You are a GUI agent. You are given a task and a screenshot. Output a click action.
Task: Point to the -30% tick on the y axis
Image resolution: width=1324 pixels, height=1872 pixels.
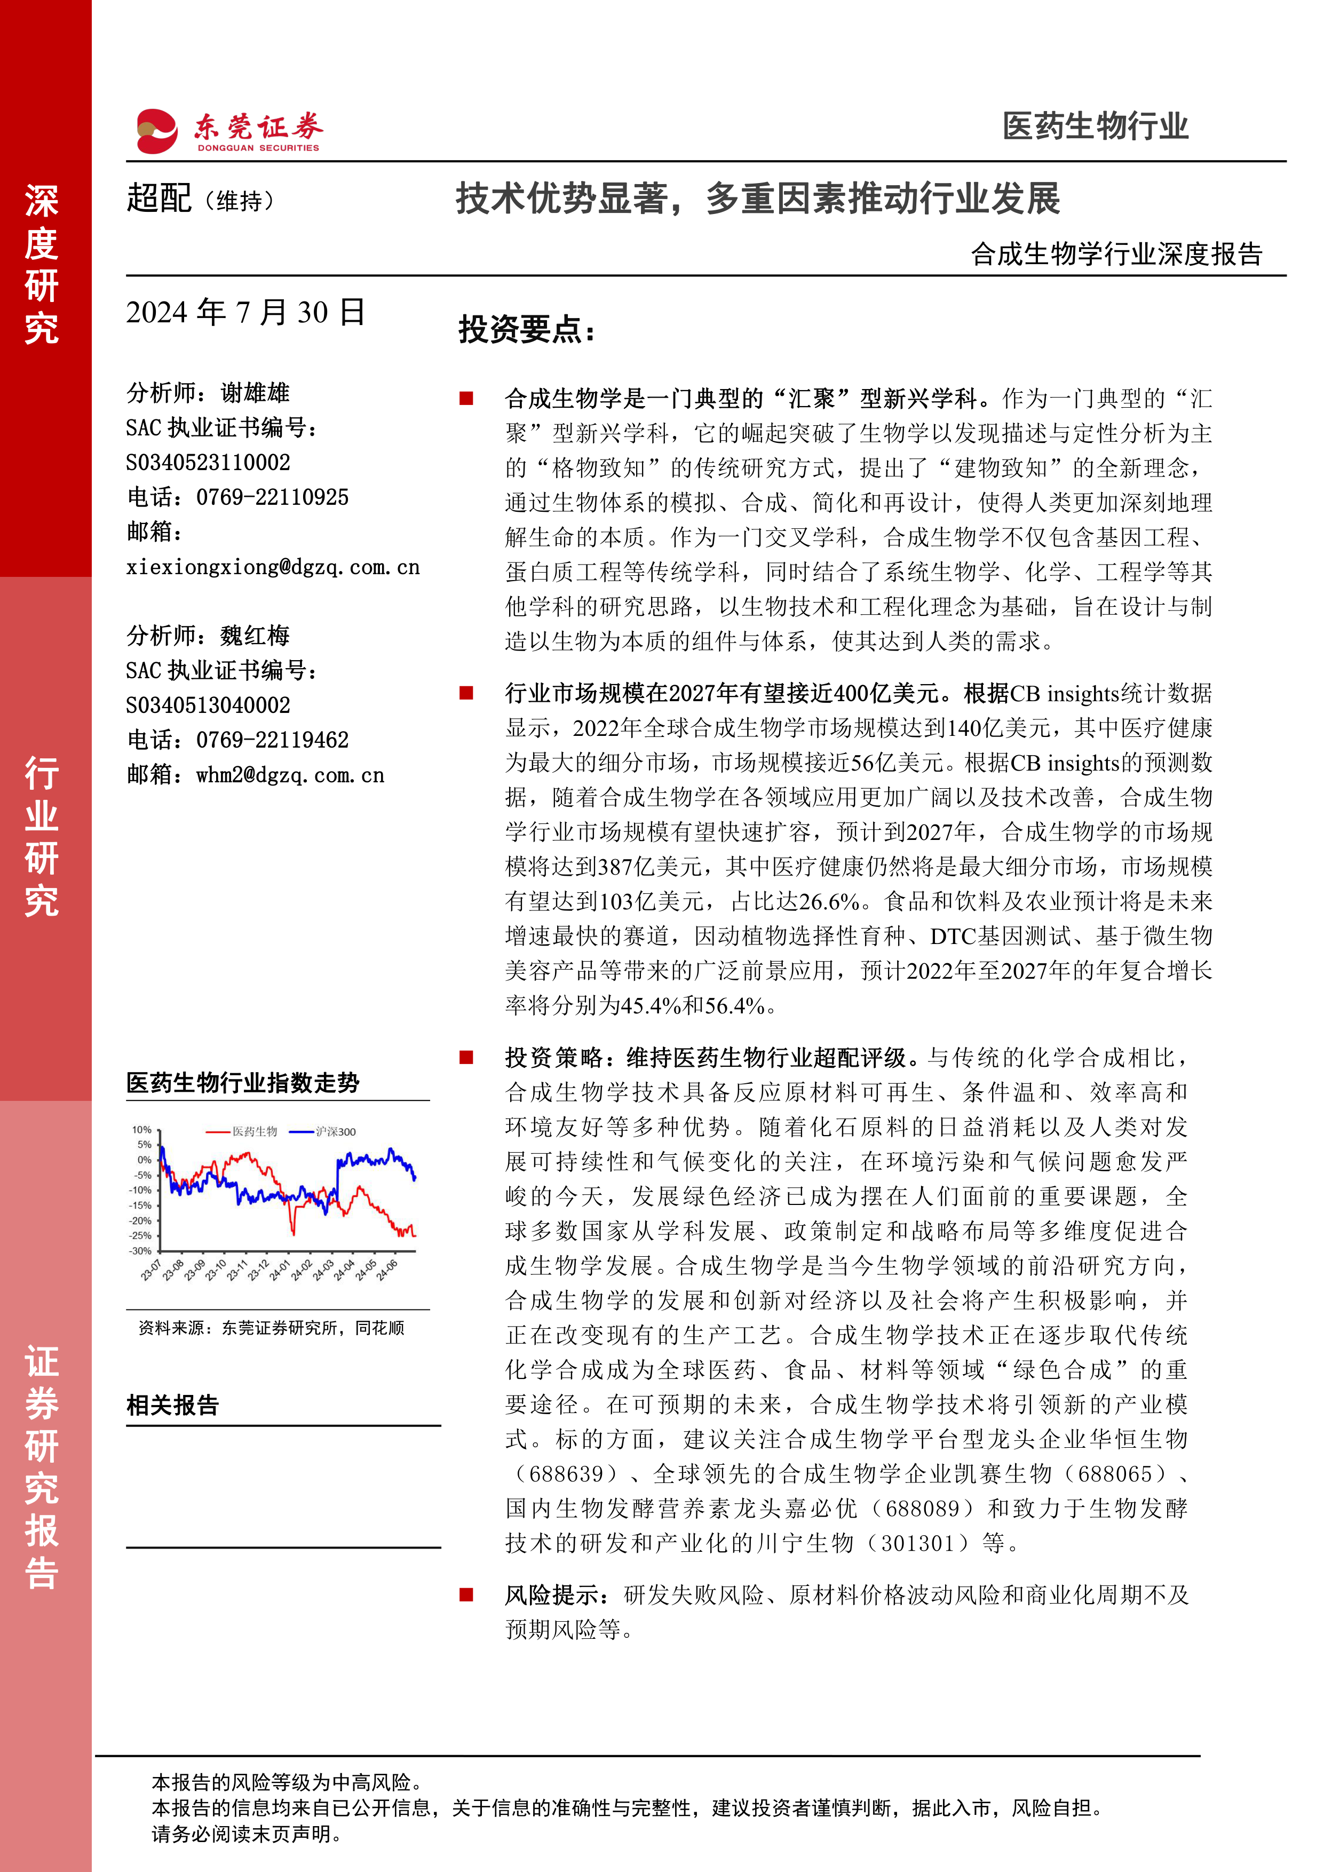click(x=141, y=1251)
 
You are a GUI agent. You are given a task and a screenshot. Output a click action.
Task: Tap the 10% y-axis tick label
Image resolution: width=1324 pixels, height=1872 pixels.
click(x=142, y=1130)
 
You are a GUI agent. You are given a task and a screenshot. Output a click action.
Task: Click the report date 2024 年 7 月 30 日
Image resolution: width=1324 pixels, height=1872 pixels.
click(x=245, y=312)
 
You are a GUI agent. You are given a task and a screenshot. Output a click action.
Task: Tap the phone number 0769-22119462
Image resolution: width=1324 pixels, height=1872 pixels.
click(x=272, y=740)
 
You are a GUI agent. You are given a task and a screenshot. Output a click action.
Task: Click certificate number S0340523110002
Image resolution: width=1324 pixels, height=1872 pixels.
click(x=208, y=463)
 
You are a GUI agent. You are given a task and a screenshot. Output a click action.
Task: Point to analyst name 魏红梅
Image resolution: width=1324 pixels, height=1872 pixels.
click(x=255, y=636)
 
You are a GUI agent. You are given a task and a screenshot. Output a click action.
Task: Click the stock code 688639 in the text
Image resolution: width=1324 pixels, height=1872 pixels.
click(x=567, y=1474)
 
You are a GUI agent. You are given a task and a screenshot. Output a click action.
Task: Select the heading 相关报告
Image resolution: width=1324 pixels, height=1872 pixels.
click(x=173, y=1406)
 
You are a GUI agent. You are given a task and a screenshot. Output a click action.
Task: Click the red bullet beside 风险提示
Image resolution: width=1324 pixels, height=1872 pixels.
click(x=466, y=1595)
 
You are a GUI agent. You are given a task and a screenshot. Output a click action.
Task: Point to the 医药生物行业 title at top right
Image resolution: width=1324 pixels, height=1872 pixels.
click(x=1095, y=126)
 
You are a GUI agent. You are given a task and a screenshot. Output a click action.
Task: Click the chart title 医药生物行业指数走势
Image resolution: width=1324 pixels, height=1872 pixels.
click(x=243, y=1083)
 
